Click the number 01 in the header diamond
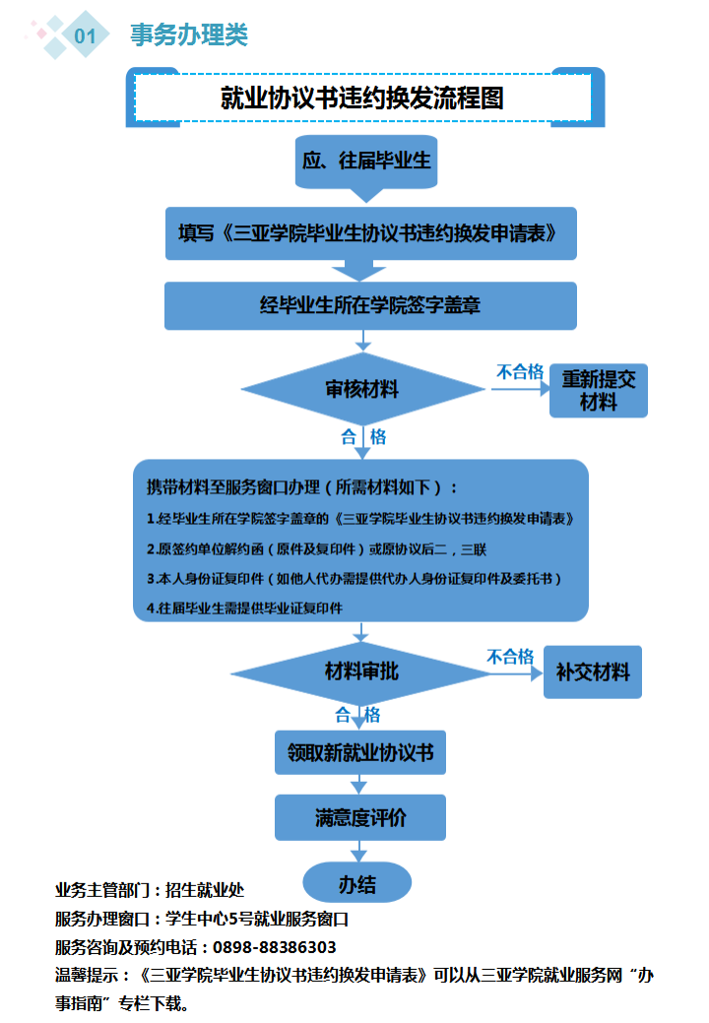(x=85, y=36)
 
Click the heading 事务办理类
(x=189, y=35)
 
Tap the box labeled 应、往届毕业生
(x=366, y=160)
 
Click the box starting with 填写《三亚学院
(x=370, y=233)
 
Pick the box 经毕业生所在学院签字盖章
(x=370, y=305)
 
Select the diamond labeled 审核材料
(x=362, y=389)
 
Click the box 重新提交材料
(x=599, y=390)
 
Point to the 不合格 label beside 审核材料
(x=519, y=372)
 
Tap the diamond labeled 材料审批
(x=362, y=672)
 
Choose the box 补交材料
(x=593, y=672)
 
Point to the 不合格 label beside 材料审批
(x=510, y=657)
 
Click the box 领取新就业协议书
(x=360, y=754)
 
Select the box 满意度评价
(x=360, y=817)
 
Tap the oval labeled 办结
(x=357, y=883)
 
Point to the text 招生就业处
(x=205, y=891)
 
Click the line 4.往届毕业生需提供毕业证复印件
(x=244, y=608)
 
